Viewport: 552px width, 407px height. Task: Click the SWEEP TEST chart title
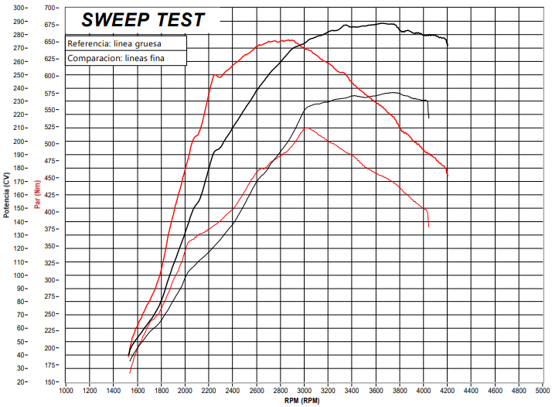pos(143,19)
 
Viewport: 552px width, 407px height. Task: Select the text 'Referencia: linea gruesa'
pos(114,43)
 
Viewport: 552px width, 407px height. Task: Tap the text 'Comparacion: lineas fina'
pos(116,58)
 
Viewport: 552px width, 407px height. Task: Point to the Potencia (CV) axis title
pos(6,194)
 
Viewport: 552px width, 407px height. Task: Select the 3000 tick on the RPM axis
pos(305,392)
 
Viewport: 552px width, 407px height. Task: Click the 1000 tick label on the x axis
pos(66,392)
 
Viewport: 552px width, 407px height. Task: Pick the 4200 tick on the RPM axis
pos(448,392)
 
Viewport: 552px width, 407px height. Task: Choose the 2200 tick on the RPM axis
pos(209,392)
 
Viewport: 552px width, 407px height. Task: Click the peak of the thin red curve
pos(307,127)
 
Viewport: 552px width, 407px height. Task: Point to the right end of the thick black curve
pos(448,45)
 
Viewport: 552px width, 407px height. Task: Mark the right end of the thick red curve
pos(448,176)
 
